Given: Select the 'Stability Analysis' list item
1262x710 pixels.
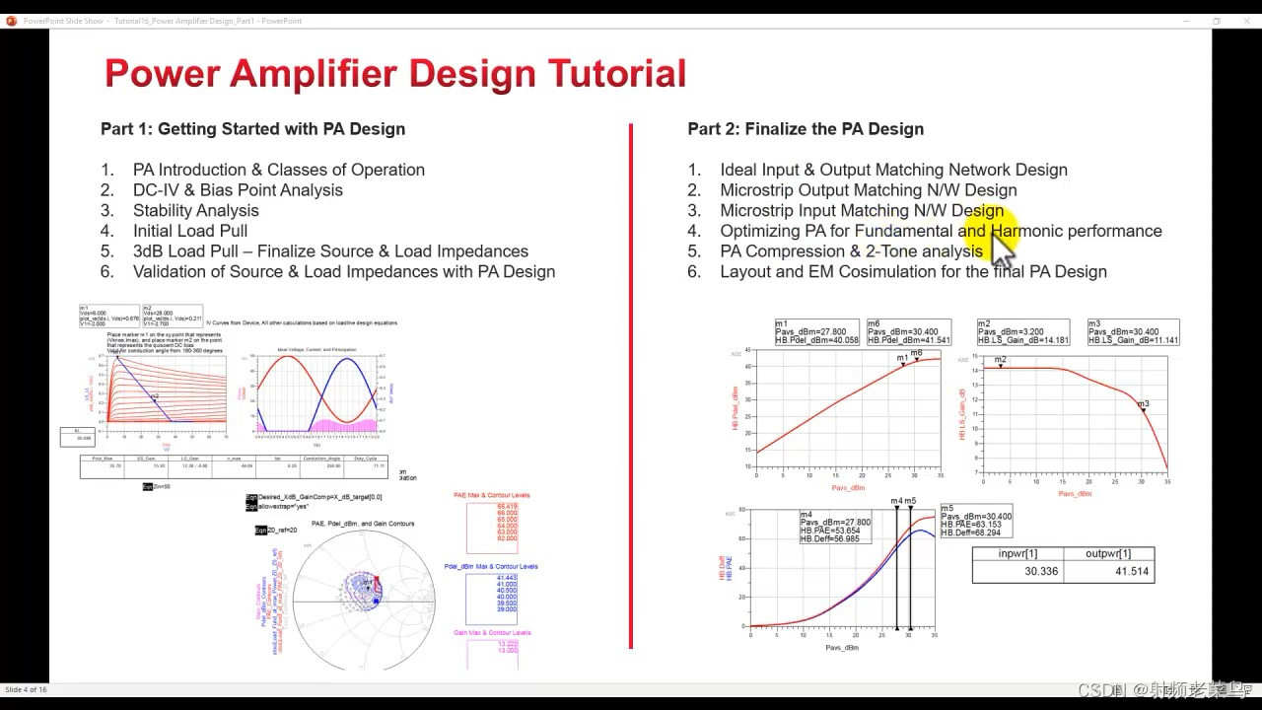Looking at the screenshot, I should coord(195,210).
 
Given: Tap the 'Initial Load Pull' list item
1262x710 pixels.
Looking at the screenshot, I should coord(190,231).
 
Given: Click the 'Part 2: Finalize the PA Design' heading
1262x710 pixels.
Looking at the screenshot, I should coord(806,129).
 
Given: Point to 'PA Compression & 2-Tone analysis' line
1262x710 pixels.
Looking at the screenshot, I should coord(851,251).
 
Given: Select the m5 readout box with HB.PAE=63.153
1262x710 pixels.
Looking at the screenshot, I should coord(976,521).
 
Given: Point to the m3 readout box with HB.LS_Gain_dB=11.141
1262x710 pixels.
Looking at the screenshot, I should coord(1133,332).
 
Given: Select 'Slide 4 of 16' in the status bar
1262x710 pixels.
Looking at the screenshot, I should coord(27,689).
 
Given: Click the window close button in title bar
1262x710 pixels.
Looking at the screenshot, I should coord(1246,21).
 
